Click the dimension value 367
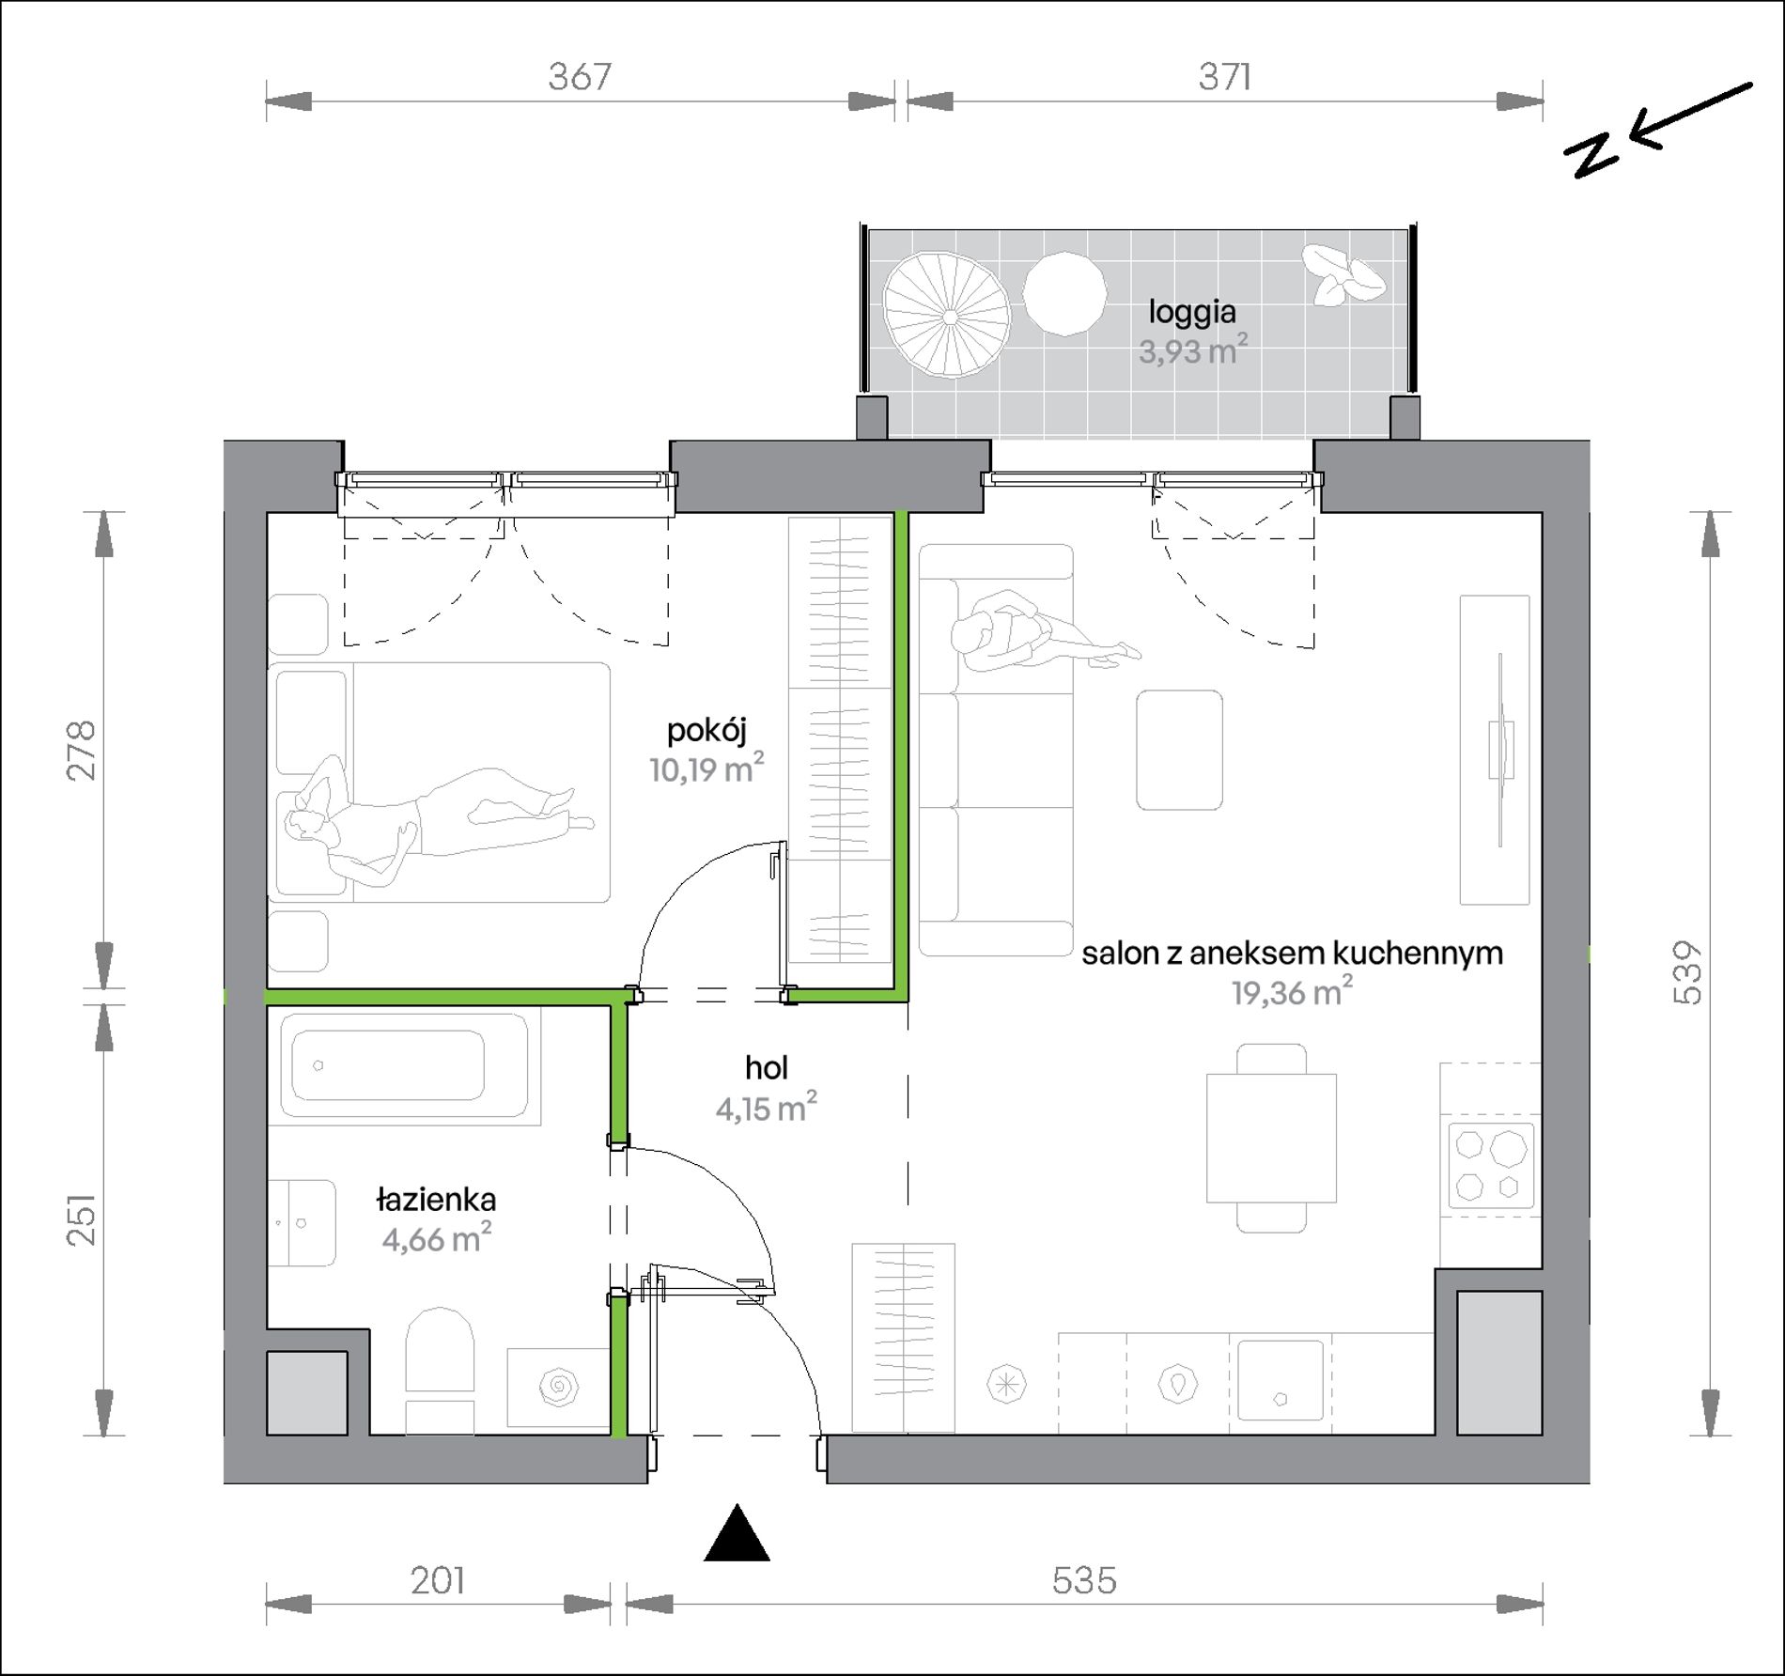click(580, 76)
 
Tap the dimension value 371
click(1225, 76)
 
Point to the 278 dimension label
click(82, 750)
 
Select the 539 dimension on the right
click(1688, 973)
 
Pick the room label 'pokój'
click(706, 731)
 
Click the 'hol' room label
click(766, 1067)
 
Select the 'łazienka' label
click(436, 1200)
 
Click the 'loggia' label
click(1192, 313)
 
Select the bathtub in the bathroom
click(403, 1067)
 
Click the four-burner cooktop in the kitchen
click(1491, 1166)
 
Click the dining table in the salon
click(1271, 1138)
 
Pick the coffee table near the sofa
click(1179, 750)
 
